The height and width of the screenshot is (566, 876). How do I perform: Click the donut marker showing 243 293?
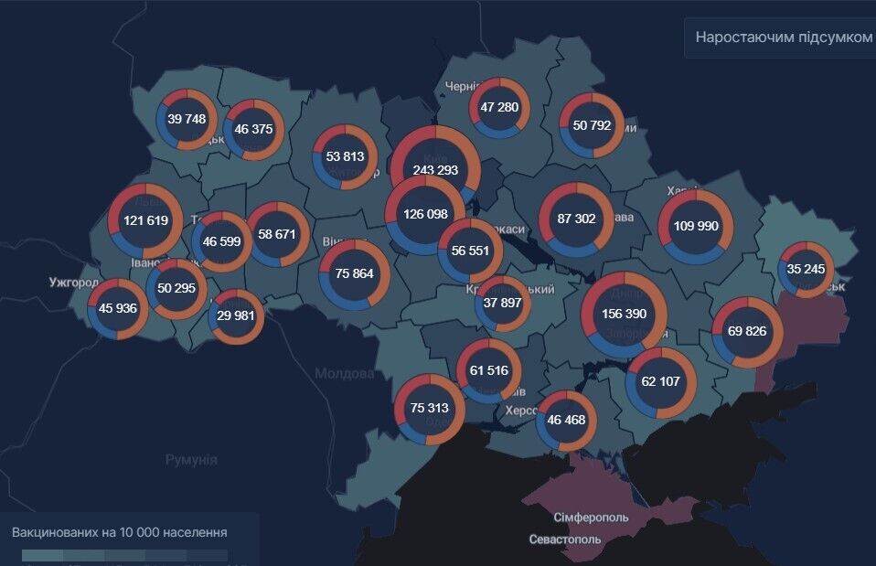pyautogui.click(x=435, y=170)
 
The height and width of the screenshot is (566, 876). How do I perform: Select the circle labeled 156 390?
pyautogui.click(x=624, y=314)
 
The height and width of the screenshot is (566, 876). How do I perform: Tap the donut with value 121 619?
pyautogui.click(x=145, y=220)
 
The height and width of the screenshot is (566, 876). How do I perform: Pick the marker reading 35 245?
pyautogui.click(x=806, y=269)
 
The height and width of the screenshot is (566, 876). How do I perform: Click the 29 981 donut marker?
pyautogui.click(x=237, y=316)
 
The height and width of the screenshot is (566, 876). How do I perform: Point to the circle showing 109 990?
pyautogui.click(x=696, y=227)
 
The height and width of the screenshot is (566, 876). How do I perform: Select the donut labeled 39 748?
pyautogui.click(x=187, y=119)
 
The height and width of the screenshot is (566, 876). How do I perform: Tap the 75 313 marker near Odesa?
pyautogui.click(x=430, y=409)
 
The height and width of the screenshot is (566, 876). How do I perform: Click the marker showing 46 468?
pyautogui.click(x=566, y=421)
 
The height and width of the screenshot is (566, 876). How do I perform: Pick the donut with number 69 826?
pyautogui.click(x=748, y=331)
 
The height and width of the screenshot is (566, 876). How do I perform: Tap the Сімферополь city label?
pyautogui.click(x=591, y=518)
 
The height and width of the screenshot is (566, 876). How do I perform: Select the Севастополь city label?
pyautogui.click(x=565, y=539)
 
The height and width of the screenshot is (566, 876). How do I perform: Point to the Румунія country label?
pyautogui.click(x=191, y=459)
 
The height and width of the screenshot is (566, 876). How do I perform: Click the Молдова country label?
pyautogui.click(x=344, y=374)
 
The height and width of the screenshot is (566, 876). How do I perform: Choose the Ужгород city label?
pyautogui.click(x=74, y=283)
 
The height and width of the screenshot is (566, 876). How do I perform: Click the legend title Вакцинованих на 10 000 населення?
pyautogui.click(x=120, y=531)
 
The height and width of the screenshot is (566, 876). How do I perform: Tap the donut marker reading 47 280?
pyautogui.click(x=499, y=108)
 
